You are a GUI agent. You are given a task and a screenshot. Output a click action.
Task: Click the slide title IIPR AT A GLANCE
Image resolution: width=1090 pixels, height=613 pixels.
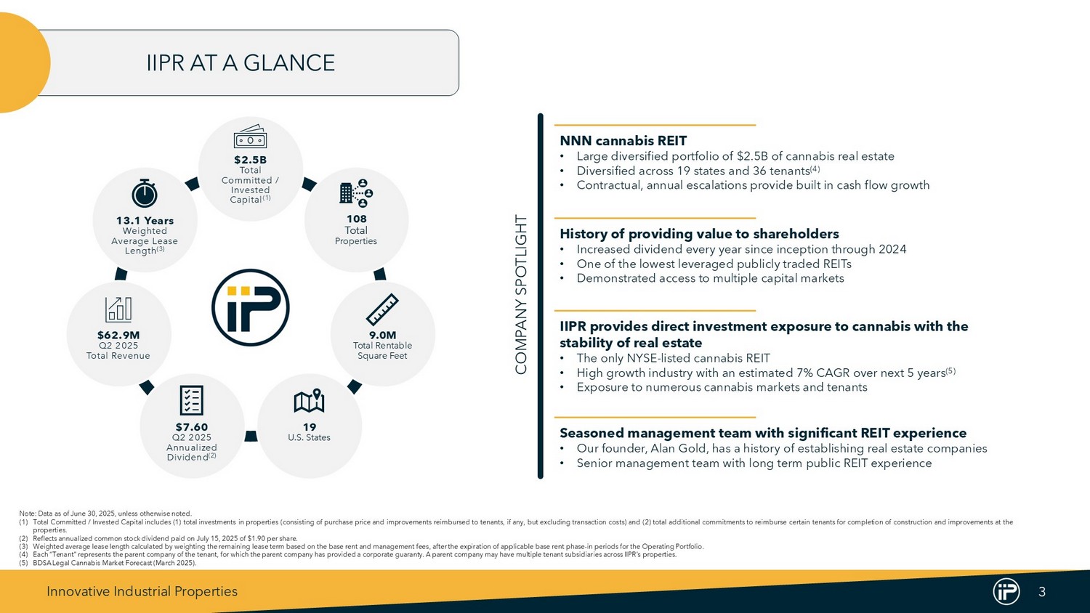coord(241,62)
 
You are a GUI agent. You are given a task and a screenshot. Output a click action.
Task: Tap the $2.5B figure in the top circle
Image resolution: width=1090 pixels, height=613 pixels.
coord(250,160)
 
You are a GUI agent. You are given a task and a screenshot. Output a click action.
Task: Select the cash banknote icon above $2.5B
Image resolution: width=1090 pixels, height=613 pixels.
coord(250,137)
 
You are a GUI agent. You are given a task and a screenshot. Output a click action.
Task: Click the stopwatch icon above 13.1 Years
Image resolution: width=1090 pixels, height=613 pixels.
coord(145,194)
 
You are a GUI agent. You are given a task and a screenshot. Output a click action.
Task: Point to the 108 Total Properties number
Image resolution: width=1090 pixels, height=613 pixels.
coord(356,219)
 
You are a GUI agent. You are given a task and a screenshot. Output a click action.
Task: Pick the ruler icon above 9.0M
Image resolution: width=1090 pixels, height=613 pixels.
coord(382,309)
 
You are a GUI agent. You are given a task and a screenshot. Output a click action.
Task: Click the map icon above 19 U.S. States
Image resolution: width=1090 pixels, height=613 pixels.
coord(309,401)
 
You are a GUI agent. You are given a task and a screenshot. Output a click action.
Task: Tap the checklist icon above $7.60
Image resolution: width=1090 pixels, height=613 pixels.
coord(192,401)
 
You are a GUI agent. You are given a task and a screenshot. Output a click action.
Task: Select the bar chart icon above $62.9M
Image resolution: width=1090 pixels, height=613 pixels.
coord(118,309)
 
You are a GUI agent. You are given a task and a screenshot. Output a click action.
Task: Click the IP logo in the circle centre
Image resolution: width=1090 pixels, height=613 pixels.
coord(250,307)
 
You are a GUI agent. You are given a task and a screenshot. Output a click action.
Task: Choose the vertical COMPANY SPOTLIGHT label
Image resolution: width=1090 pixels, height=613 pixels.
coord(521,295)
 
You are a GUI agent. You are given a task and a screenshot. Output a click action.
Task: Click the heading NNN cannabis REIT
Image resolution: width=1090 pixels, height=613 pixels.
coord(623,141)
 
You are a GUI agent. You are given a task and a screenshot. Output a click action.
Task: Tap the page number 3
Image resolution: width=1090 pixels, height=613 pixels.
coord(1042,592)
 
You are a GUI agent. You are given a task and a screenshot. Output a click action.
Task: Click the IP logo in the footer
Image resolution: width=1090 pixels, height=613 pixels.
coord(1006,592)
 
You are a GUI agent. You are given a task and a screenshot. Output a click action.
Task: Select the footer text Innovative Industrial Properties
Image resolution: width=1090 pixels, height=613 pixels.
coord(142,592)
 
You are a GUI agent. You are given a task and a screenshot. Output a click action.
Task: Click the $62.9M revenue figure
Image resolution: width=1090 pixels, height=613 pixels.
coord(118,336)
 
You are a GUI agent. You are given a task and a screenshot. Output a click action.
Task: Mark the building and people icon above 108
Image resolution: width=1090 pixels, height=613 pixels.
coord(356,192)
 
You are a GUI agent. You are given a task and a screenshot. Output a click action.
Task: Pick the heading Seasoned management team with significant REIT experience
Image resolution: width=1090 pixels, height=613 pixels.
coord(763,433)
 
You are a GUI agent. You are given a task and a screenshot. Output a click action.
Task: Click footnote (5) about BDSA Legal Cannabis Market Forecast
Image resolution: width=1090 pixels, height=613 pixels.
coord(108,564)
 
